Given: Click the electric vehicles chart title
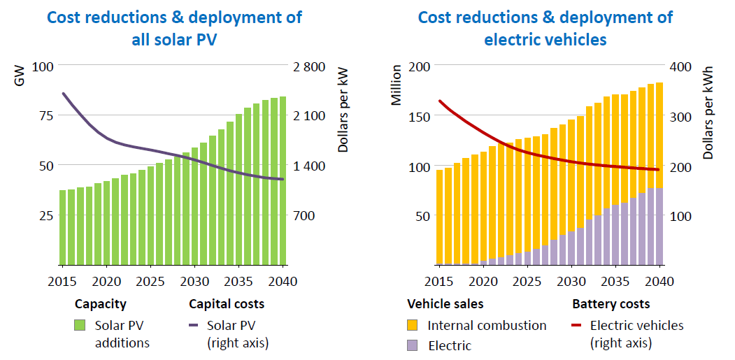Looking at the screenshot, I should point(545,28).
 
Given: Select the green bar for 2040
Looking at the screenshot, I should point(282,181).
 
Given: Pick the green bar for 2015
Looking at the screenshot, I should point(63,227).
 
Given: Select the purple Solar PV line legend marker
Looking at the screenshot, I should point(196,326).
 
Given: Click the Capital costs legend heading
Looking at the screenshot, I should point(227,305).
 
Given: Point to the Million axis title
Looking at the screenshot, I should point(397,85).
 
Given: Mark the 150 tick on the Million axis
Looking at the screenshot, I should point(416,116).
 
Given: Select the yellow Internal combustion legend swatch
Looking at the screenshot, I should point(413,326).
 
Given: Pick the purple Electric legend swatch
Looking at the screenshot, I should point(413,345).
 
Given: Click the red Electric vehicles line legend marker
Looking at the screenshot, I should point(578,326).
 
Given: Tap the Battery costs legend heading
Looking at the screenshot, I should point(611,305).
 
